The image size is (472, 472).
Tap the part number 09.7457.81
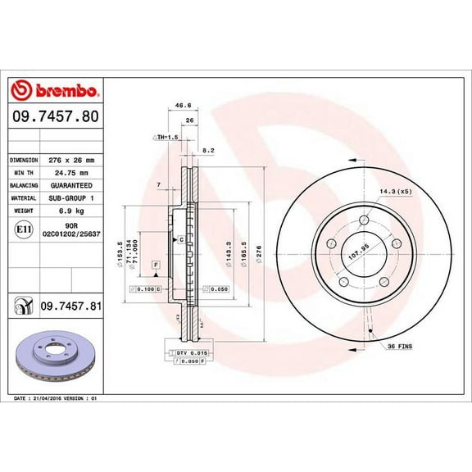point(70,306)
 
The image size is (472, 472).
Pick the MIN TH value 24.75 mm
point(70,173)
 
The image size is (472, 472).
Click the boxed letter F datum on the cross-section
point(153,265)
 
